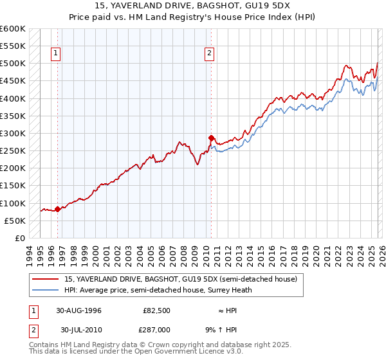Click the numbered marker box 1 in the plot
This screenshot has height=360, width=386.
coord(57,53)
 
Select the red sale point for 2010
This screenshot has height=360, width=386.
coord(211,138)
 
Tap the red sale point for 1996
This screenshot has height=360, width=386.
coord(58,208)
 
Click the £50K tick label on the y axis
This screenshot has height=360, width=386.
coord(15,221)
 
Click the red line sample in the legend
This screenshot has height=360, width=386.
coord(45,279)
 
